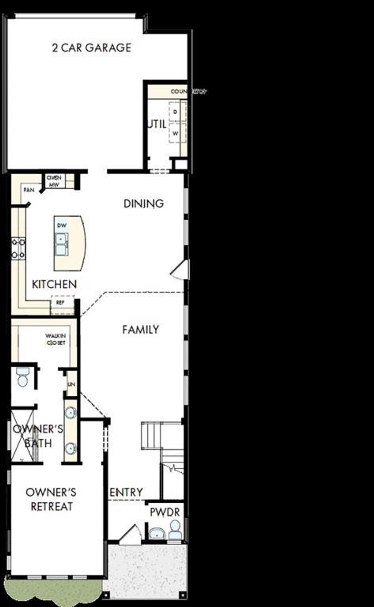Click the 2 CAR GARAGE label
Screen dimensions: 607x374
[91, 48]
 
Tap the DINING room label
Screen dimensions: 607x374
[143, 204]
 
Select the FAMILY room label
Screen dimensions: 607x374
[141, 329]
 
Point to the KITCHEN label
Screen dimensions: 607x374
[54, 284]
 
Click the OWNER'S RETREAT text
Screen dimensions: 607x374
[51, 499]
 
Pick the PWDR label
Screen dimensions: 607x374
[165, 512]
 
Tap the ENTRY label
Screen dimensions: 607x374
[126, 492]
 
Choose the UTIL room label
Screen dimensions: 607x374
[157, 124]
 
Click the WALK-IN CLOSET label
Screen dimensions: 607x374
[56, 339]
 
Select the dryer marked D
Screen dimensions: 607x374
[175, 112]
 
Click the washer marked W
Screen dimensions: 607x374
[175, 133]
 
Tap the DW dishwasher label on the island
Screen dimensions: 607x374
[62, 225]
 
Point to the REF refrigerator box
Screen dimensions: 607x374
[60, 303]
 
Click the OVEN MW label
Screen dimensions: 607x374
[54, 181]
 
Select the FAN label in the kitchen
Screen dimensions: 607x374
[29, 190]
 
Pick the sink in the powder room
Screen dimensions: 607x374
[157, 533]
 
